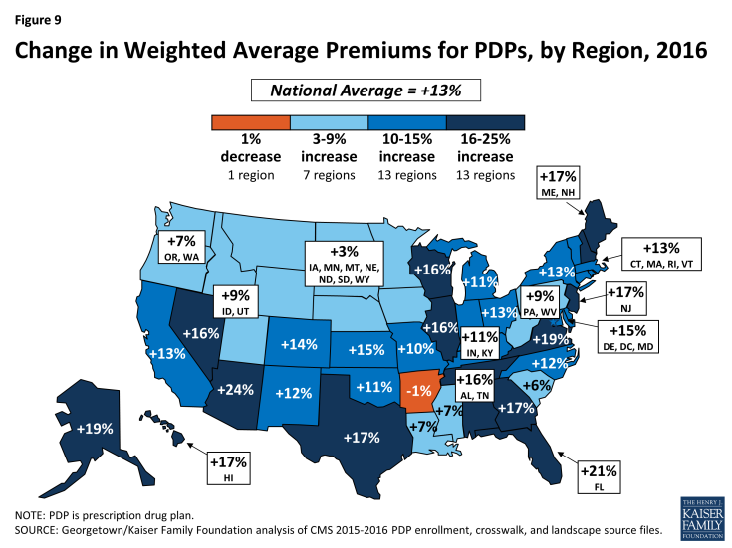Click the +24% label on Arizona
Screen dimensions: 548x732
coord(242,390)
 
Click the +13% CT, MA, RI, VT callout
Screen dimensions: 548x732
coord(660,255)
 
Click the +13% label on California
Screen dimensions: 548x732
coord(166,353)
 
